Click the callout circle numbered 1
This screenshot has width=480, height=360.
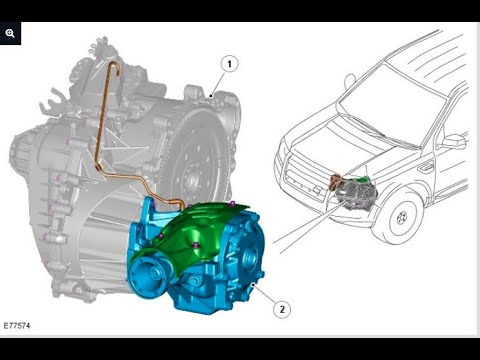tap(229, 64)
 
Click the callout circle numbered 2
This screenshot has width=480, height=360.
tap(282, 309)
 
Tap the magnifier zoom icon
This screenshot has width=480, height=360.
tap(10, 33)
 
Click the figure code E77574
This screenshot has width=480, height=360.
tap(17, 325)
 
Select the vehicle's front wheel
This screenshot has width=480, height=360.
tap(402, 217)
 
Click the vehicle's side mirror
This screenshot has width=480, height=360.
tap(454, 141)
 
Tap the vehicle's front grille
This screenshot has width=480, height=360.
tap(302, 177)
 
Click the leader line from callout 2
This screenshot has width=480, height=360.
tap(264, 292)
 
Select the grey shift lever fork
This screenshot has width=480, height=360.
tap(52, 100)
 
